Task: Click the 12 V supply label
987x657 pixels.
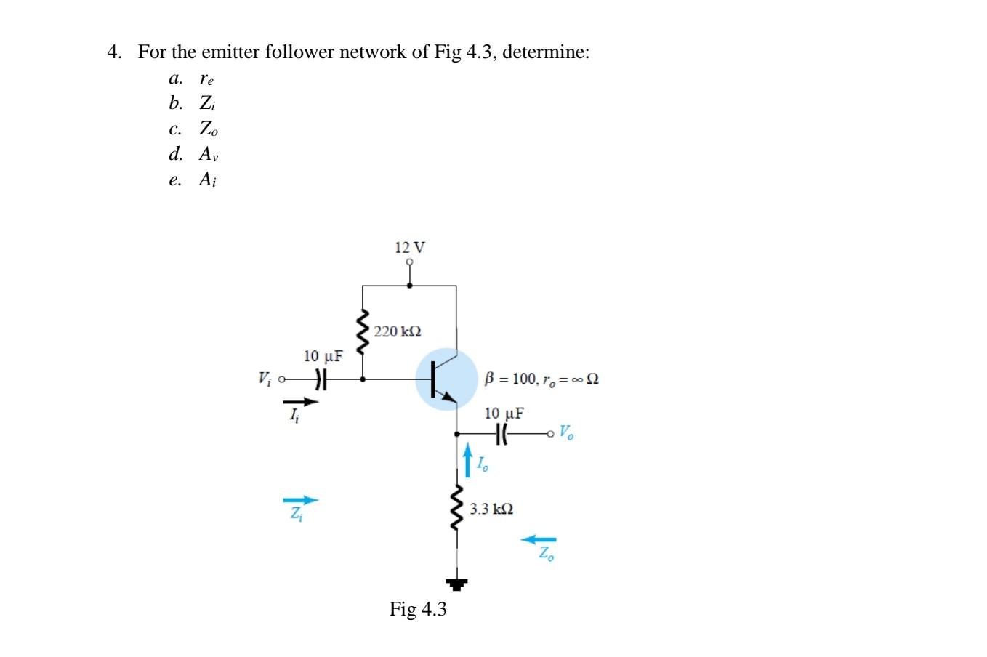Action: pos(410,247)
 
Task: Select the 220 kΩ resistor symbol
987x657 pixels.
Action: pos(362,331)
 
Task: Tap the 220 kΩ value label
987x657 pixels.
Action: pos(398,331)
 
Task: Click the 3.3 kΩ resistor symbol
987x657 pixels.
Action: pos(456,507)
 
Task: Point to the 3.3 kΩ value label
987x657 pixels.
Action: pos(491,509)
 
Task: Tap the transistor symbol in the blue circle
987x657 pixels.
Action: pos(446,379)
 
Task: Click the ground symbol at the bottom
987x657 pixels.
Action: pos(456,582)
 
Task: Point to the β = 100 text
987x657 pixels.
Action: pos(509,379)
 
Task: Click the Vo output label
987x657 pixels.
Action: pos(566,433)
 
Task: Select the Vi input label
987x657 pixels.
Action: pos(265,379)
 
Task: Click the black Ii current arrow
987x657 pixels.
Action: pos(301,401)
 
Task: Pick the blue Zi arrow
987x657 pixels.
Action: pos(301,500)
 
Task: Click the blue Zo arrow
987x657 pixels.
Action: pos(539,539)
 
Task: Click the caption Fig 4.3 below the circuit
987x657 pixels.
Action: pos(418,609)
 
